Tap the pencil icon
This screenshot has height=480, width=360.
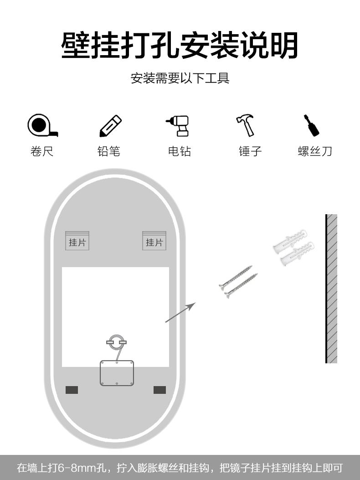click(110, 126)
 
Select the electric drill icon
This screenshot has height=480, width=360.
click(179, 125)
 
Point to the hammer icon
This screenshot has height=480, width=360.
click(246, 125)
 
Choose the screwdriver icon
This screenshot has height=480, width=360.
click(312, 125)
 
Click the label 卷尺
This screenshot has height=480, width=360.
click(42, 151)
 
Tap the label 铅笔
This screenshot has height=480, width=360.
click(109, 151)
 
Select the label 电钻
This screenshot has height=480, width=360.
click(180, 151)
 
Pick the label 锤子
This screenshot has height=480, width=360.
click(250, 151)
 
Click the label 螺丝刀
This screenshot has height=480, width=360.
click(315, 151)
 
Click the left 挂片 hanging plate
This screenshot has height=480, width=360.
click(77, 241)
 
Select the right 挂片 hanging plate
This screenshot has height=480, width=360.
click(154, 241)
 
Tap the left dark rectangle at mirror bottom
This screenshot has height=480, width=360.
click(72, 390)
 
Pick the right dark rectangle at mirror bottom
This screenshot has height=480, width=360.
click(159, 390)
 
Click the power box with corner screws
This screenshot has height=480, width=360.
click(117, 373)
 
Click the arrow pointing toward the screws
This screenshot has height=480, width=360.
click(180, 312)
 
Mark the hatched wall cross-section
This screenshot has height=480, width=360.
click(332, 289)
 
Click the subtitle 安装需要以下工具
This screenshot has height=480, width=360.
click(180, 78)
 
